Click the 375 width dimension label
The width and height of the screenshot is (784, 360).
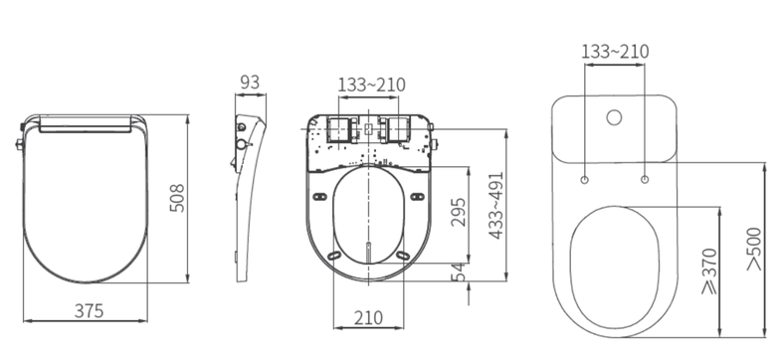click(x=89, y=310)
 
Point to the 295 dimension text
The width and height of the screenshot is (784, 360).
click(x=459, y=212)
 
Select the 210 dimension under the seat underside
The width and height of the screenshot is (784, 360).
click(x=369, y=317)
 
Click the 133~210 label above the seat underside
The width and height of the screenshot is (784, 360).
click(x=371, y=85)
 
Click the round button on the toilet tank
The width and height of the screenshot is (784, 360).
click(x=614, y=119)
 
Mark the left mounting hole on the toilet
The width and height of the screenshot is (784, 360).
click(x=583, y=180)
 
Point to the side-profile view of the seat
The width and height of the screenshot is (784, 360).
click(x=246, y=189)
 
